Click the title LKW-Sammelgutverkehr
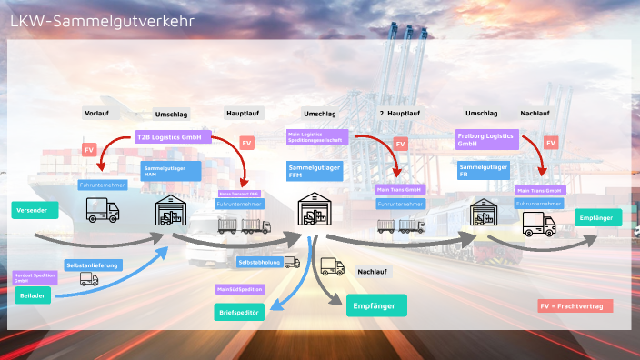point(101,21)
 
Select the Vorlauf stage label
point(96,114)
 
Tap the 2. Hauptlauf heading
point(399,114)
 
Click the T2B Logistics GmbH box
point(173,137)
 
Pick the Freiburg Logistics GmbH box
point(485,139)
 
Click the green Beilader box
point(32,296)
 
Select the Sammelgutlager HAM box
point(164,171)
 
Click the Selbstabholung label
point(258,262)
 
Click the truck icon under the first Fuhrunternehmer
point(102,211)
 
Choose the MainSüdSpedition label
point(241,289)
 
